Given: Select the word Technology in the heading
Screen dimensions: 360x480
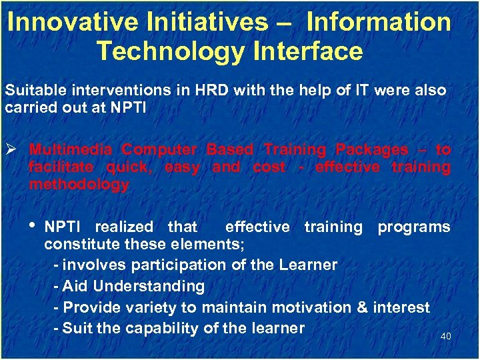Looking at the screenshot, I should click(x=167, y=51).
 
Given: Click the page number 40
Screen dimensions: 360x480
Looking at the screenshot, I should click(x=445, y=336).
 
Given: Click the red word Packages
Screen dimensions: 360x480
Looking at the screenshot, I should click(x=371, y=149).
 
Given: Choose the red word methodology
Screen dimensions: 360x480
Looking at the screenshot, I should click(x=79, y=185).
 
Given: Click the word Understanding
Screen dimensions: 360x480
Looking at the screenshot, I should click(x=149, y=287).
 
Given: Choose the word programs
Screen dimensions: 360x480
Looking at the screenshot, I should click(x=413, y=227).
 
